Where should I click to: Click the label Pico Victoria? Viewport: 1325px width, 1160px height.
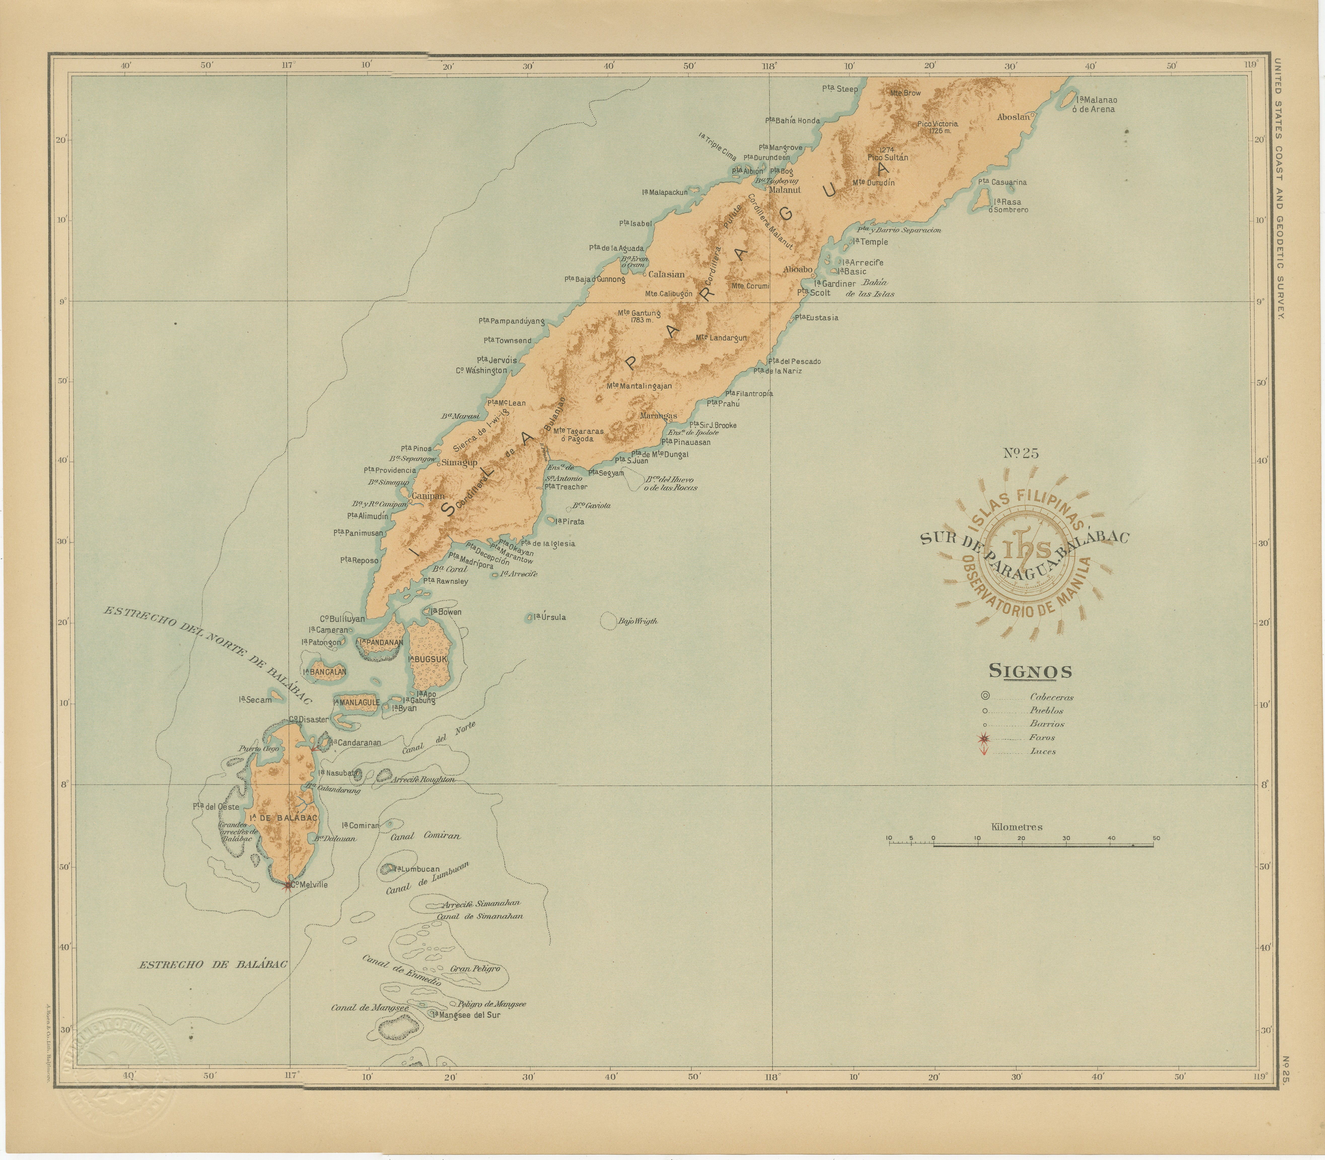tap(937, 124)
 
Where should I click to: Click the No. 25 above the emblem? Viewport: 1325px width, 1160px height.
tap(1021, 453)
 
